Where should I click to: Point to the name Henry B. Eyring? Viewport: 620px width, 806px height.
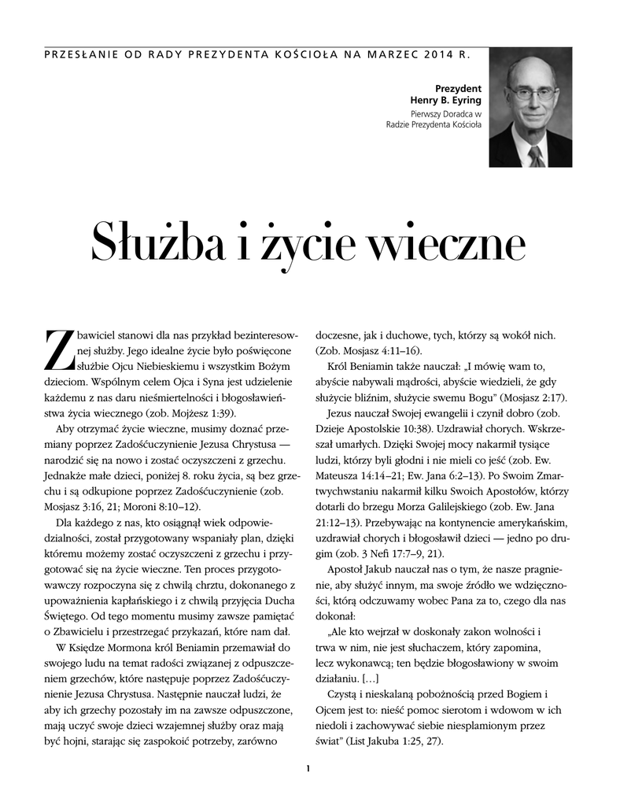click(446, 101)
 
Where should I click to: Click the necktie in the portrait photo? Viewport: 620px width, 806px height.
click(535, 156)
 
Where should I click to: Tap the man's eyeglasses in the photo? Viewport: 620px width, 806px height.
click(531, 94)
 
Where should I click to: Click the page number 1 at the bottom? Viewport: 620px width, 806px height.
click(309, 769)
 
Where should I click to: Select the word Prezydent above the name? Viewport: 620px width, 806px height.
click(459, 88)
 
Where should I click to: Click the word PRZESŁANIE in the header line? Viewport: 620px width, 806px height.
click(82, 56)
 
